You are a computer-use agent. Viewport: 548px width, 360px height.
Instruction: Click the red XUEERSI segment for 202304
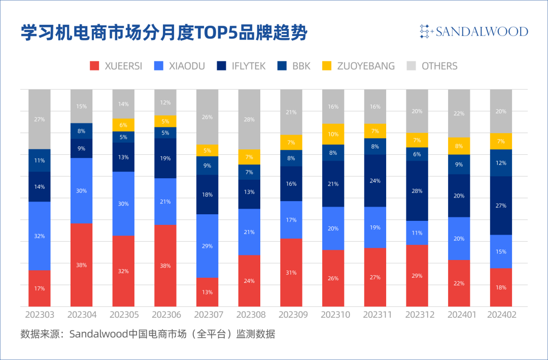tap(81, 264)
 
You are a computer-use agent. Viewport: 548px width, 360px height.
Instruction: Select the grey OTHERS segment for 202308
tap(249, 119)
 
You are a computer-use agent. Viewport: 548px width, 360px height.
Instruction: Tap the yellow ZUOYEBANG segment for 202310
tap(333, 134)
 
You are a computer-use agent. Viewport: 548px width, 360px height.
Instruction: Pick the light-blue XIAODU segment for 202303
tap(39, 236)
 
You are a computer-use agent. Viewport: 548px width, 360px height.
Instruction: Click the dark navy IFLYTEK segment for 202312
tap(417, 190)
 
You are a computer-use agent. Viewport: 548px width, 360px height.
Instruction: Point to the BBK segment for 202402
tap(501, 162)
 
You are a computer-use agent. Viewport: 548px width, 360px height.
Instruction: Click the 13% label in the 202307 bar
tap(207, 292)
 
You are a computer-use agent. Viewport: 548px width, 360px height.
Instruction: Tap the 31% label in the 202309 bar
tap(291, 273)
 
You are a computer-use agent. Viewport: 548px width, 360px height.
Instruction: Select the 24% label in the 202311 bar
tap(375, 181)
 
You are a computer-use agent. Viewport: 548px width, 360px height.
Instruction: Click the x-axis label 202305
tap(124, 315)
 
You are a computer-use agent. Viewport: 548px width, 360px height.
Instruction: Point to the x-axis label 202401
tap(459, 315)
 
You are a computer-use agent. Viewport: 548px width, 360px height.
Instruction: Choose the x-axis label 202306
tap(166, 315)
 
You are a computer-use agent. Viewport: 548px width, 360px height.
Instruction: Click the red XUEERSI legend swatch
tap(94, 66)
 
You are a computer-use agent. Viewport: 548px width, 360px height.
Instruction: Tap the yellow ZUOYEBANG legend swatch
tap(327, 66)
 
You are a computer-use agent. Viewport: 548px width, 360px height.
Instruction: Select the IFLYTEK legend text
tap(249, 66)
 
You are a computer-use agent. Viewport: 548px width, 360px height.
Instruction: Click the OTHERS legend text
tap(439, 66)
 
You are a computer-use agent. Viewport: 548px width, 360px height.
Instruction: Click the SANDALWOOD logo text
tap(480, 32)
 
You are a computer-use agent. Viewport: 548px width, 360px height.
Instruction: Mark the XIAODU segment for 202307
tap(207, 246)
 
